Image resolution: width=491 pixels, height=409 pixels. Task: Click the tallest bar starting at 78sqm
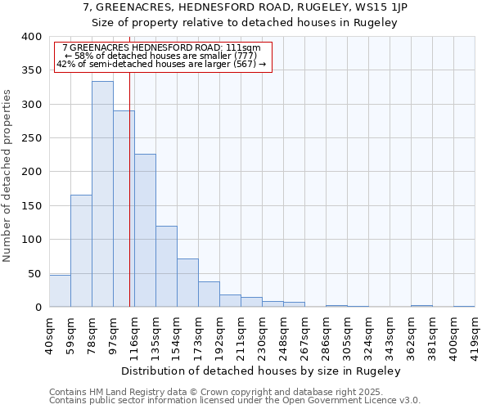tap(102, 194)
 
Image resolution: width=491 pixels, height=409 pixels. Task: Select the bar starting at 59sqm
tap(81, 250)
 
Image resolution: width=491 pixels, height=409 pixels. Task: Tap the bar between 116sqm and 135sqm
tap(145, 230)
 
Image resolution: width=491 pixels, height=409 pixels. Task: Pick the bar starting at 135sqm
tap(166, 266)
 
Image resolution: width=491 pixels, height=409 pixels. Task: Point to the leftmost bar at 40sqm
tap(60, 290)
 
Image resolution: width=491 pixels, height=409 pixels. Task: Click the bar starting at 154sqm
tap(187, 282)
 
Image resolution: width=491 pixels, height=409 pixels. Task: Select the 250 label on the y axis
tap(31, 138)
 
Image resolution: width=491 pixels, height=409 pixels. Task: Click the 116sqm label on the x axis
tap(135, 332)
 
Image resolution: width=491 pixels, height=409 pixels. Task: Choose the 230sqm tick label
tap(263, 332)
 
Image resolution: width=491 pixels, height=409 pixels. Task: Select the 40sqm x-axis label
tap(50, 332)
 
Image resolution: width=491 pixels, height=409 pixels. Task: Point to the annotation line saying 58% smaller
tap(161, 56)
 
